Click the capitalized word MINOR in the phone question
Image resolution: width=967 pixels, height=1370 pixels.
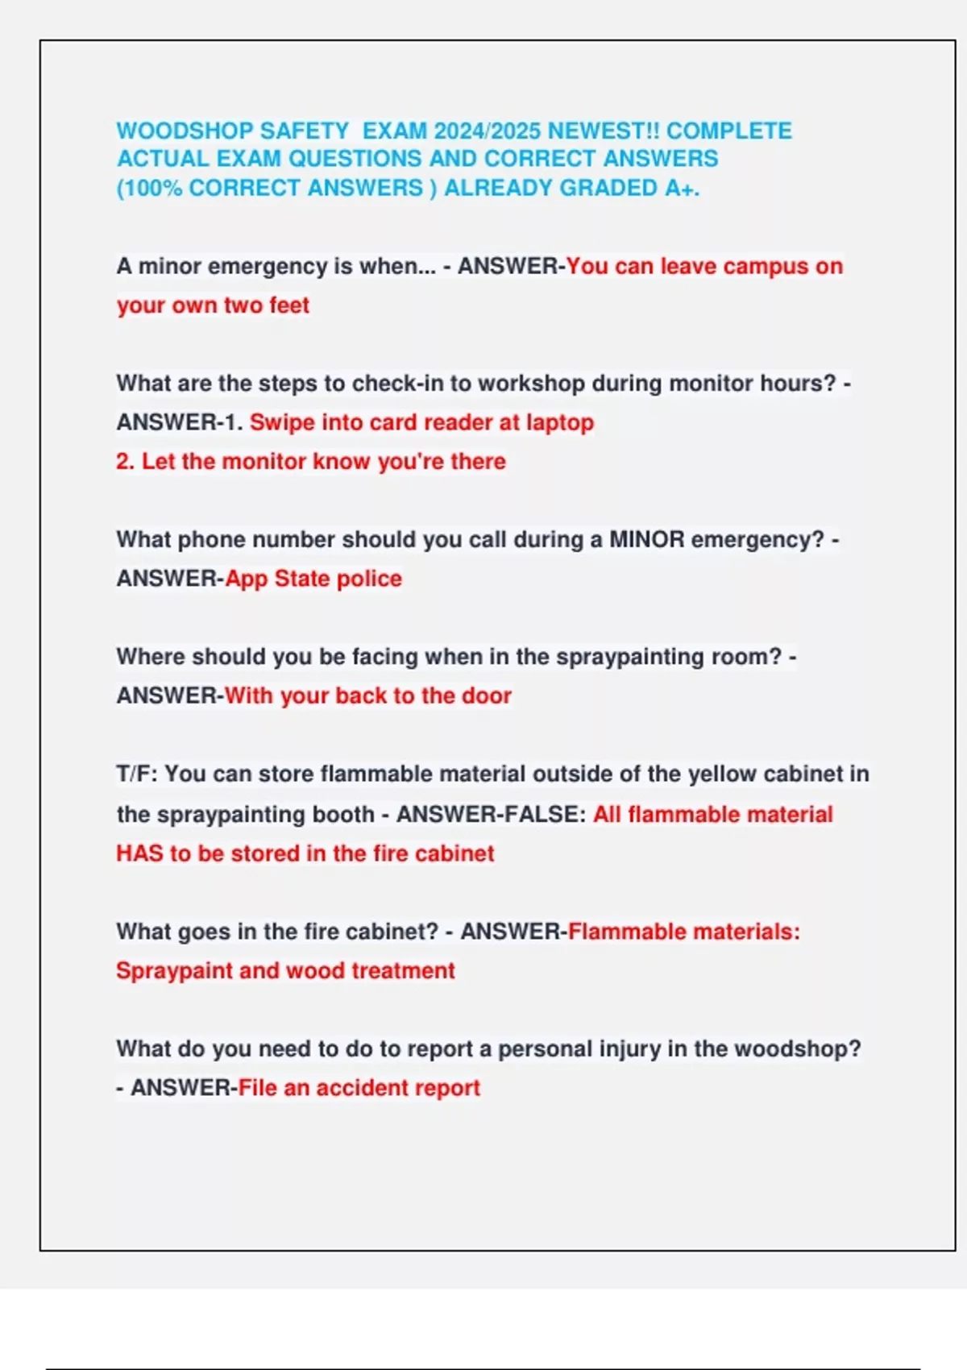[646, 539]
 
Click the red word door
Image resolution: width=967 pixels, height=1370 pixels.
[487, 695]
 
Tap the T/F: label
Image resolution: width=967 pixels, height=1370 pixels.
[136, 774]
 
